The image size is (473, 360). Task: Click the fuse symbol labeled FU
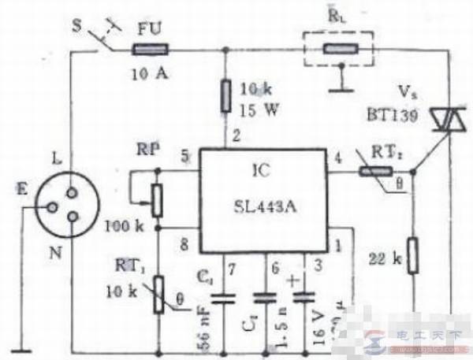click(149, 49)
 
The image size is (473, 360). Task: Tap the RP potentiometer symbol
click(158, 199)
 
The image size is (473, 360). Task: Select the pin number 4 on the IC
click(339, 155)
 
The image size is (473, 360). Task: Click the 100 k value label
click(123, 227)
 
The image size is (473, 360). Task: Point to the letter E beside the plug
click(26, 191)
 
